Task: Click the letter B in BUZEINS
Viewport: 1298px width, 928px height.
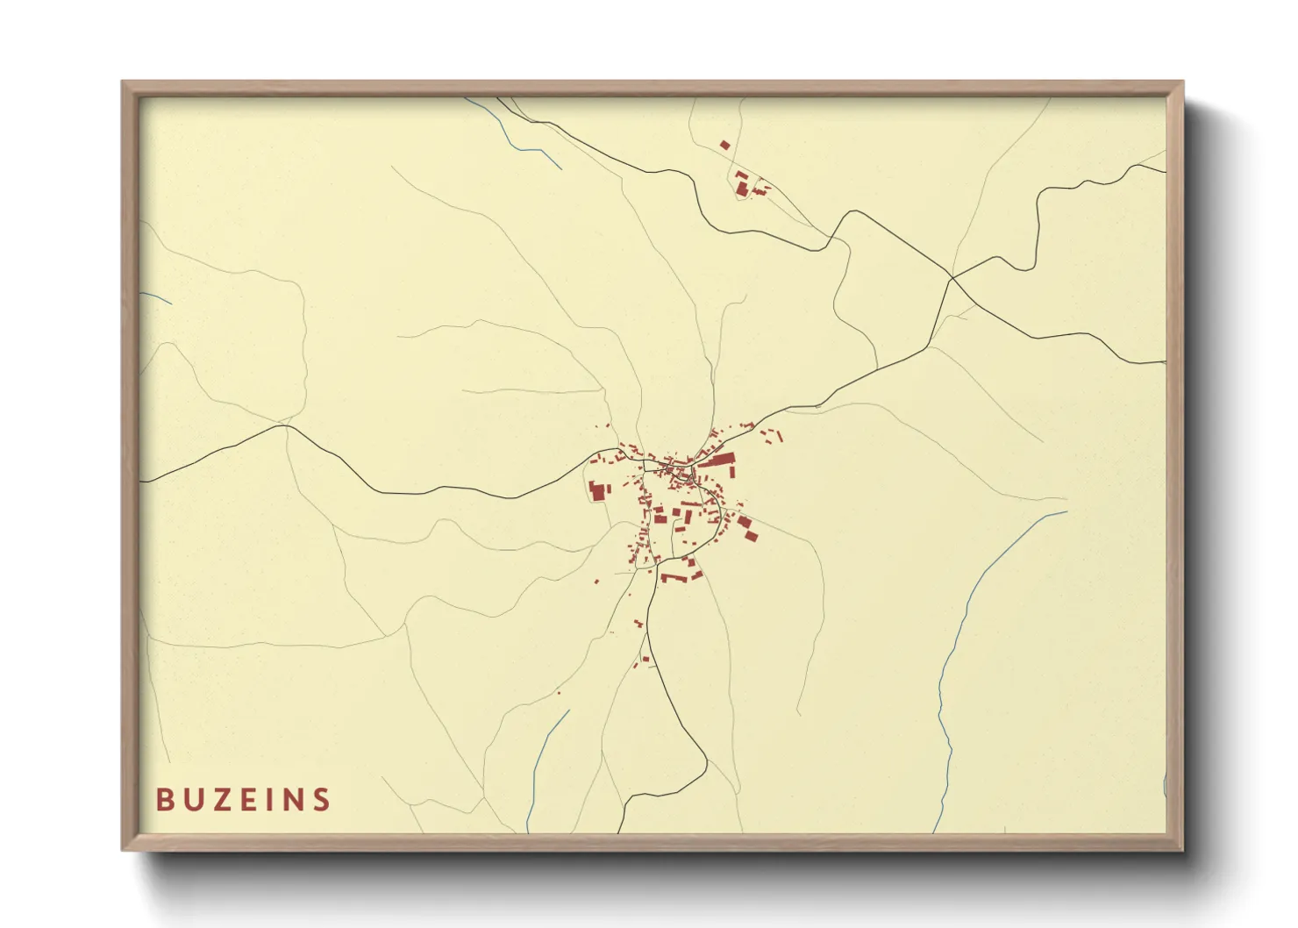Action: (x=164, y=800)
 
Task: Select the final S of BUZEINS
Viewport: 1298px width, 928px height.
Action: (x=322, y=800)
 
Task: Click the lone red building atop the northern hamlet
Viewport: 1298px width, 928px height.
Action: (x=724, y=145)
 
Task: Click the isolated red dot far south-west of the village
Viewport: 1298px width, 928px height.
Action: (x=558, y=693)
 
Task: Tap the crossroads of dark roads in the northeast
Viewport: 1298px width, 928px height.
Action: (x=952, y=279)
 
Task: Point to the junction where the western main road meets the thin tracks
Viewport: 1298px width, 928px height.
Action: (x=284, y=426)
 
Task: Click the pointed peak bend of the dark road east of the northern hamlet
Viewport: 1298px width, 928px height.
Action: (x=849, y=211)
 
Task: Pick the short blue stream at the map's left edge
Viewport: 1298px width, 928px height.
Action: (x=156, y=298)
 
